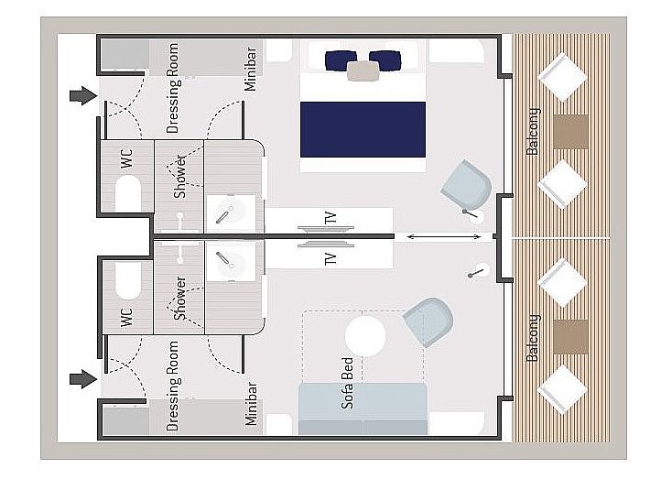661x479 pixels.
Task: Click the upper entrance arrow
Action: (x=83, y=96)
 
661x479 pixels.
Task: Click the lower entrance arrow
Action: (x=83, y=379)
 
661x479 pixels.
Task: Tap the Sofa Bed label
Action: (x=347, y=383)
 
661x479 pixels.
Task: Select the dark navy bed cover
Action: (x=363, y=129)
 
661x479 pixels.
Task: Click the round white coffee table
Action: (x=365, y=336)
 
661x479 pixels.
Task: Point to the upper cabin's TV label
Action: (x=330, y=218)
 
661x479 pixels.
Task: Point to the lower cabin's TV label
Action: (x=330, y=259)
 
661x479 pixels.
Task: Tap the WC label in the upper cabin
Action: (x=126, y=158)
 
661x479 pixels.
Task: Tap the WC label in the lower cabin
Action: (x=126, y=317)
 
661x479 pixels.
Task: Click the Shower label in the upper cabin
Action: (x=180, y=177)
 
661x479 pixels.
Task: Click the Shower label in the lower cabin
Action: (x=180, y=298)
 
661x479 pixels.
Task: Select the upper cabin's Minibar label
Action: (x=251, y=69)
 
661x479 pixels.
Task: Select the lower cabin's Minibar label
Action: (x=251, y=404)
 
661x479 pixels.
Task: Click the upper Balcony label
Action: (x=533, y=132)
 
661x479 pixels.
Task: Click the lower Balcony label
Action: (x=533, y=337)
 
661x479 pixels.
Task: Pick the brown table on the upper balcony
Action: (x=570, y=132)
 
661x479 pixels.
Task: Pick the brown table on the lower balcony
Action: (x=570, y=336)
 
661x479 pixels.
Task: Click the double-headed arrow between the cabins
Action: (x=443, y=237)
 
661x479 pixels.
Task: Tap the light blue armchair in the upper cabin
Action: (x=467, y=185)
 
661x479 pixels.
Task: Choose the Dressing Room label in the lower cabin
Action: (x=173, y=386)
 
